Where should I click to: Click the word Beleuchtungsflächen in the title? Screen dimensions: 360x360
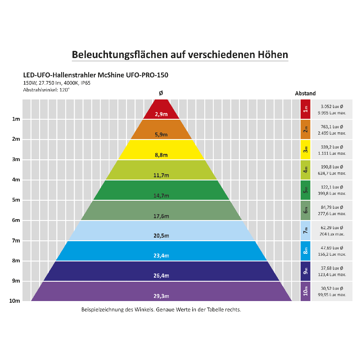click(120, 55)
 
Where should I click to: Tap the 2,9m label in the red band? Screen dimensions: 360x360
click(161, 114)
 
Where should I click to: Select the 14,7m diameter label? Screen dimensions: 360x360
click(161, 196)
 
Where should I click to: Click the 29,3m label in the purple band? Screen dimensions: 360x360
click(161, 296)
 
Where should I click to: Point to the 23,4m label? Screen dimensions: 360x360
click(161, 256)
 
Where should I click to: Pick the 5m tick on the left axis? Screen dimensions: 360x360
click(16, 200)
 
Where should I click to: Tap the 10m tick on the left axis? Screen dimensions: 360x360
click(15, 301)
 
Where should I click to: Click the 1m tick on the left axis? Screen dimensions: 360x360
click(16, 119)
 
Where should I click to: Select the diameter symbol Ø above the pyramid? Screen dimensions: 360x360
click(161, 93)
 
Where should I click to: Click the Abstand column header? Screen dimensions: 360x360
click(305, 94)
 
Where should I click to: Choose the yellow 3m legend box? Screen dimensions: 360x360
click(306, 150)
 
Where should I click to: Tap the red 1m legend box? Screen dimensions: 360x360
click(306, 109)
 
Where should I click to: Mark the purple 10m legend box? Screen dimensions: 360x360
click(306, 291)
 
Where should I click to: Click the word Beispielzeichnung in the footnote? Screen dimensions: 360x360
click(101, 310)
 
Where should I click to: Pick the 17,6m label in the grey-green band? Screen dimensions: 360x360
click(161, 216)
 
